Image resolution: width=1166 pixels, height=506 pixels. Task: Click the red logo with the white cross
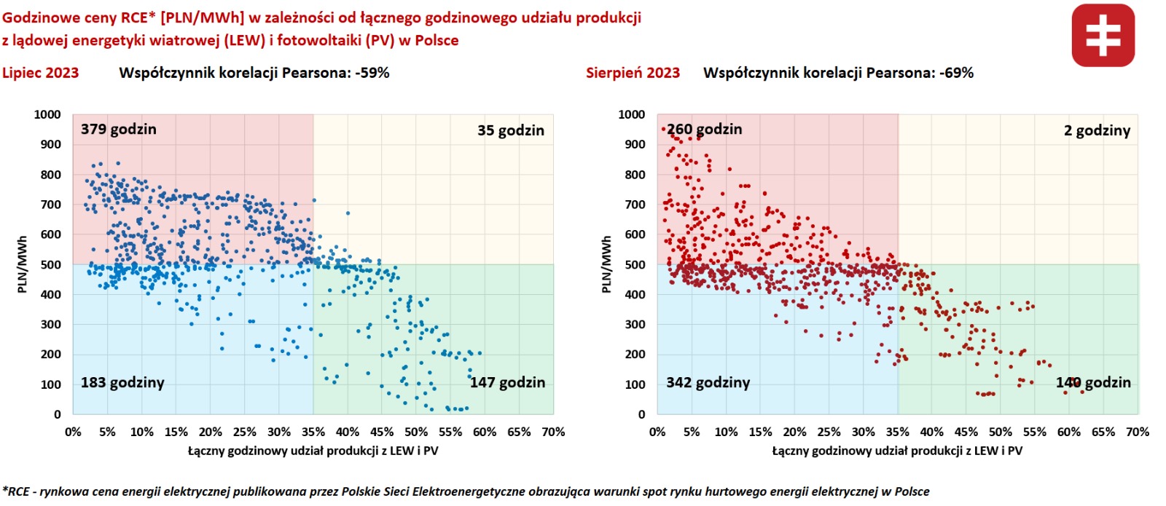(1103, 36)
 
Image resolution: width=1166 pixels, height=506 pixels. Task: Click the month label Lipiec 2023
(41, 73)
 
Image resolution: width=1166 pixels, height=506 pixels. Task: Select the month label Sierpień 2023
(633, 73)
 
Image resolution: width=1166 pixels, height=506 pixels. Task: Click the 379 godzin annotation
(118, 130)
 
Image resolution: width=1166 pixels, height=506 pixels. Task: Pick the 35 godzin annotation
(510, 131)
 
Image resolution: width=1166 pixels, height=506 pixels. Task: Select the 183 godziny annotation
(122, 383)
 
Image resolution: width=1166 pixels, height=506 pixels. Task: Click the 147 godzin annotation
(507, 383)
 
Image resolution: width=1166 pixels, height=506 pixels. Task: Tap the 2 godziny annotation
(1097, 131)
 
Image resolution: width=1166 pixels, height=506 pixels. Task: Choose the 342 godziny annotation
(708, 383)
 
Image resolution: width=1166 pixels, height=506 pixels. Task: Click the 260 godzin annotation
(704, 130)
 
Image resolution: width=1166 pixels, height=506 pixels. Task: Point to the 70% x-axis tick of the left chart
(553, 432)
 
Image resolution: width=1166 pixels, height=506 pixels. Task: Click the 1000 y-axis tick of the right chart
(631, 114)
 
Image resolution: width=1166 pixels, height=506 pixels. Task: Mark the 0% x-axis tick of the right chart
(657, 432)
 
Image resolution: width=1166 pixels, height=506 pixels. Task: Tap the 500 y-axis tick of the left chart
(51, 265)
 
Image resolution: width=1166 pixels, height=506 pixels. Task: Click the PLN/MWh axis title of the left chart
(22, 264)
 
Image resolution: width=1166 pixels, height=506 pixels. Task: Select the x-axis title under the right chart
(897, 451)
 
